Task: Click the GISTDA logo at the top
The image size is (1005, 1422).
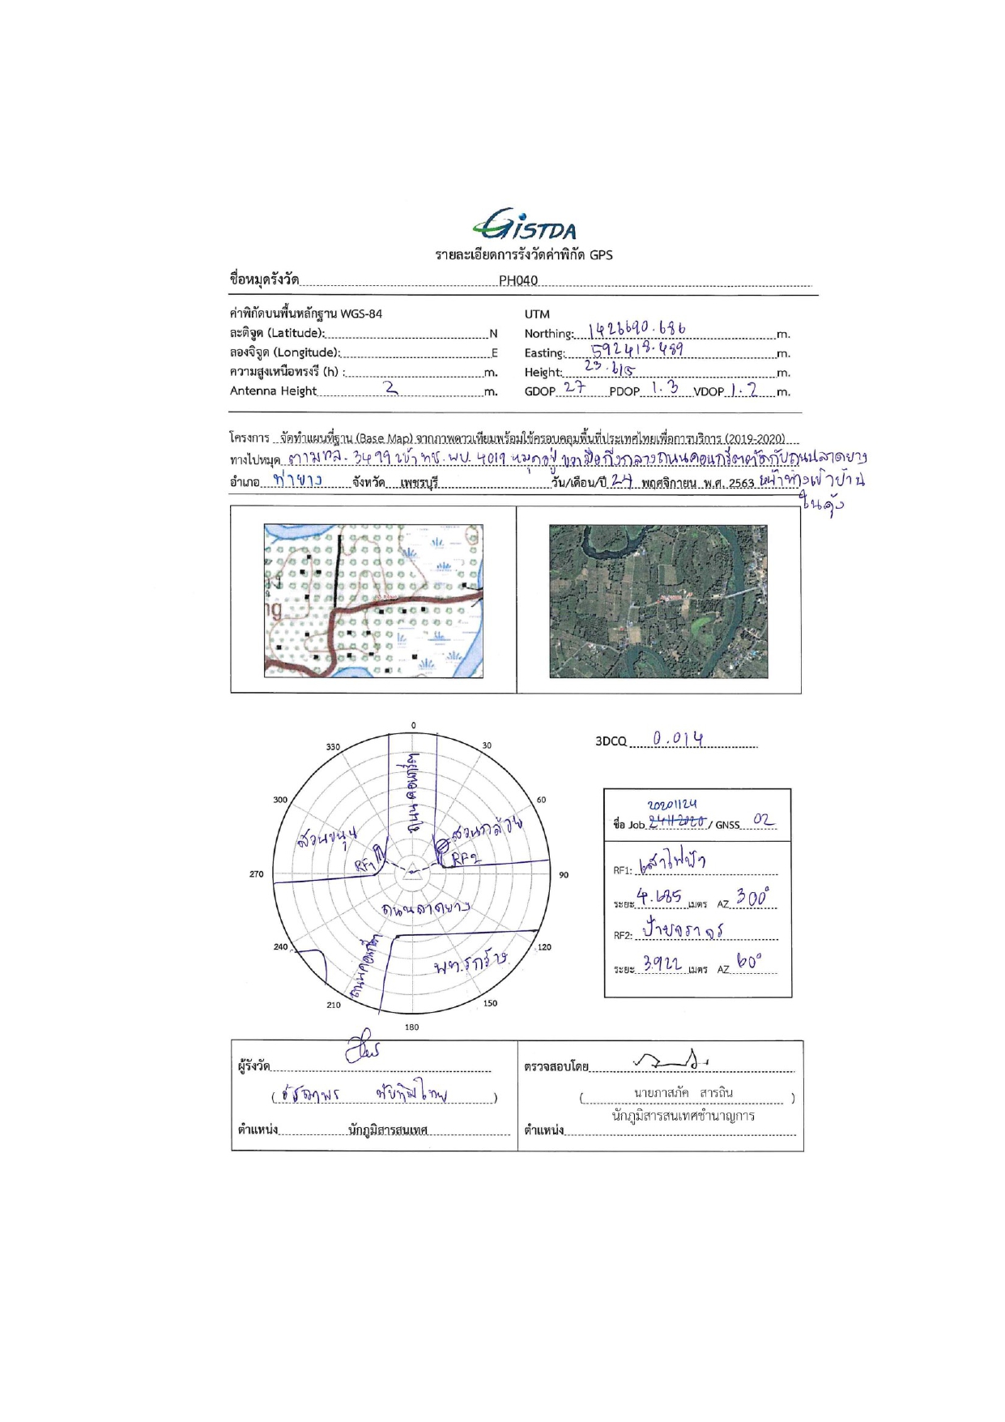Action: coord(524,224)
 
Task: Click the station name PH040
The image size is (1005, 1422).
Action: coord(518,280)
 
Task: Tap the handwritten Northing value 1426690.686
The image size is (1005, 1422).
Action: coord(637,329)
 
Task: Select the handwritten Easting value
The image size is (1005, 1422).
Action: coord(637,349)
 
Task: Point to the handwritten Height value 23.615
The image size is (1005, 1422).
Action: coord(609,367)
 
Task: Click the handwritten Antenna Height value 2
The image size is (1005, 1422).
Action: coord(392,388)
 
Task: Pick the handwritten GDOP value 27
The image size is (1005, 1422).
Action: coord(574,387)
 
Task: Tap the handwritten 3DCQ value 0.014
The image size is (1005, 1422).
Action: coord(678,738)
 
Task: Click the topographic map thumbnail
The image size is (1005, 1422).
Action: coord(373,600)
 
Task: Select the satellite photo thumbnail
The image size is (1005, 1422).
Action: coord(658,601)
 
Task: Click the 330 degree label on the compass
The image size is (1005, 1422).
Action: coord(333,747)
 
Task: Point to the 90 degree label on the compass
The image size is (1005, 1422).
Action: coord(564,875)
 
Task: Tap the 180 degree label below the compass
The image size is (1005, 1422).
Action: coord(411,1027)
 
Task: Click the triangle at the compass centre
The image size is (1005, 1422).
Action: coord(411,871)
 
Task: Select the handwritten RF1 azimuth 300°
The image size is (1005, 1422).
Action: coord(752,898)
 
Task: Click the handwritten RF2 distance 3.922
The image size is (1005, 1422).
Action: coord(662,964)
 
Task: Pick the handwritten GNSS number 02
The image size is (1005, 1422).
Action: coord(763,820)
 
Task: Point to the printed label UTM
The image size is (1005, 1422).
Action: coord(537,314)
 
